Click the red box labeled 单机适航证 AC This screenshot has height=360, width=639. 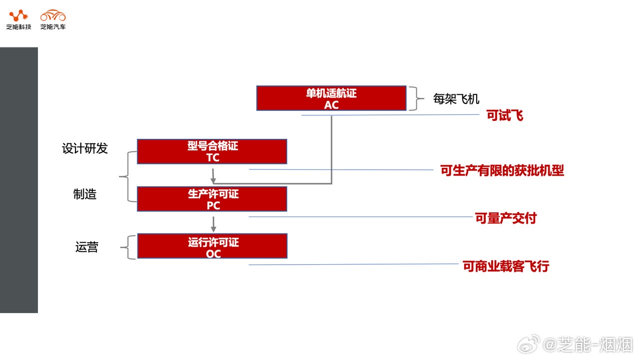point(331,98)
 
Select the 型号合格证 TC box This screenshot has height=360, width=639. point(212,151)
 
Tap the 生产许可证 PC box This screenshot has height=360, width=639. point(212,199)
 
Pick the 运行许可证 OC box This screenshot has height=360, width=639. point(212,246)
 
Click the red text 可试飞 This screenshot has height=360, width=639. point(505,116)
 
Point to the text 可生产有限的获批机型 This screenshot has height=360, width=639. point(502,171)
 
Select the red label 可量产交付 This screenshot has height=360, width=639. point(505,218)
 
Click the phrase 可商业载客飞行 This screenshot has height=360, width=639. point(505,266)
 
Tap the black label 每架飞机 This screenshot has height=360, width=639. point(456,98)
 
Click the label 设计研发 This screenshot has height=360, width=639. point(85,148)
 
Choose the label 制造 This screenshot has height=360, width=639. point(85,194)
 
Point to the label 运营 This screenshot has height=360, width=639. point(87,247)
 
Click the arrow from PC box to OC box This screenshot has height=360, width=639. point(213,224)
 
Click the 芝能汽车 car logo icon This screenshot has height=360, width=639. point(53,15)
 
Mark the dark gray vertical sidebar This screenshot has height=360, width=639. point(19,180)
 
